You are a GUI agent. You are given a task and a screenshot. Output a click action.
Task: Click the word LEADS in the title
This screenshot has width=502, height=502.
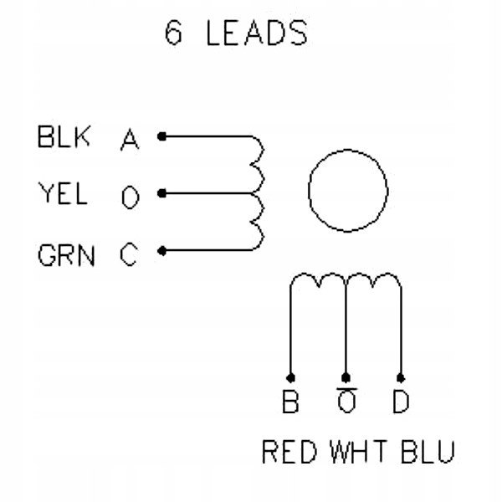point(257,33)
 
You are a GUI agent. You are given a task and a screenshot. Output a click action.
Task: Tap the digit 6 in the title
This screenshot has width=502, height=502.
point(173,33)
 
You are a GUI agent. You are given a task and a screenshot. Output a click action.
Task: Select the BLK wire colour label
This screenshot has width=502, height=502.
point(64,136)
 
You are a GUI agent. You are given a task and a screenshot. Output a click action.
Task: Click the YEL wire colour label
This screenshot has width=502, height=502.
point(63,193)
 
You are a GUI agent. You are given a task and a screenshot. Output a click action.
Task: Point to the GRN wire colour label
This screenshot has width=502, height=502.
point(66,255)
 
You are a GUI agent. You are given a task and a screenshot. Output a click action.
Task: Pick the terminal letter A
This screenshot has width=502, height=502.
point(130,139)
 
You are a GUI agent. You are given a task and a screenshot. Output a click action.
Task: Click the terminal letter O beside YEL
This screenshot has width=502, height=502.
point(131,197)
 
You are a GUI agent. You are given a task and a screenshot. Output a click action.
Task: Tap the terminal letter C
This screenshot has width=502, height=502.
point(129,255)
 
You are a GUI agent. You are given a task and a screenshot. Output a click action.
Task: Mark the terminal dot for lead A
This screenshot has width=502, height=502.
point(162,136)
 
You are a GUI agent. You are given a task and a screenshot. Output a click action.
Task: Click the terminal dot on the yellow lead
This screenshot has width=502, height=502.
point(162,193)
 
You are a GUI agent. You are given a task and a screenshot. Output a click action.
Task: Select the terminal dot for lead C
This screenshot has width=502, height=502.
point(162,251)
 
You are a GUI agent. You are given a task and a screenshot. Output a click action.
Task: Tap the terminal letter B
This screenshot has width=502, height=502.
point(290,401)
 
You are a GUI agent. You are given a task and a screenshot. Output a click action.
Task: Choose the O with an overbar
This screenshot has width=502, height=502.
point(346,400)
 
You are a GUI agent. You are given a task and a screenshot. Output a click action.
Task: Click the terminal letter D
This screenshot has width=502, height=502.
point(401,401)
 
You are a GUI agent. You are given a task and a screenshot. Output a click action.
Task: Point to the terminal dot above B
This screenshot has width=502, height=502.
point(290,378)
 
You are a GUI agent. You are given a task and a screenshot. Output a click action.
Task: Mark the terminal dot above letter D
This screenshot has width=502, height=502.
point(401,378)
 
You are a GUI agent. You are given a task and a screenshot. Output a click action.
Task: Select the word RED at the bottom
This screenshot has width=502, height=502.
point(289,452)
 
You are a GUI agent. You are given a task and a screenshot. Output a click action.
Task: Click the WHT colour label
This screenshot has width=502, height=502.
point(358,452)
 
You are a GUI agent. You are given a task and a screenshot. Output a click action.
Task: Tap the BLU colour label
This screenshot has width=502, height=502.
point(428,452)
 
